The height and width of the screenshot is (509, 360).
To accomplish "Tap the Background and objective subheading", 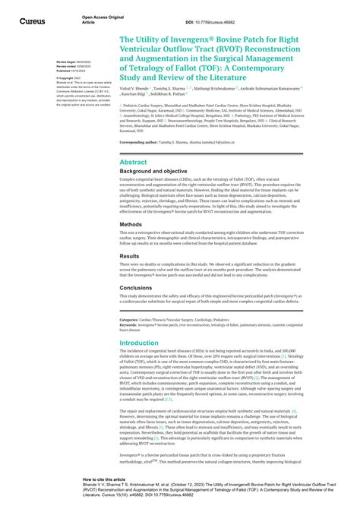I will pyautogui.click(x=159, y=173).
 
